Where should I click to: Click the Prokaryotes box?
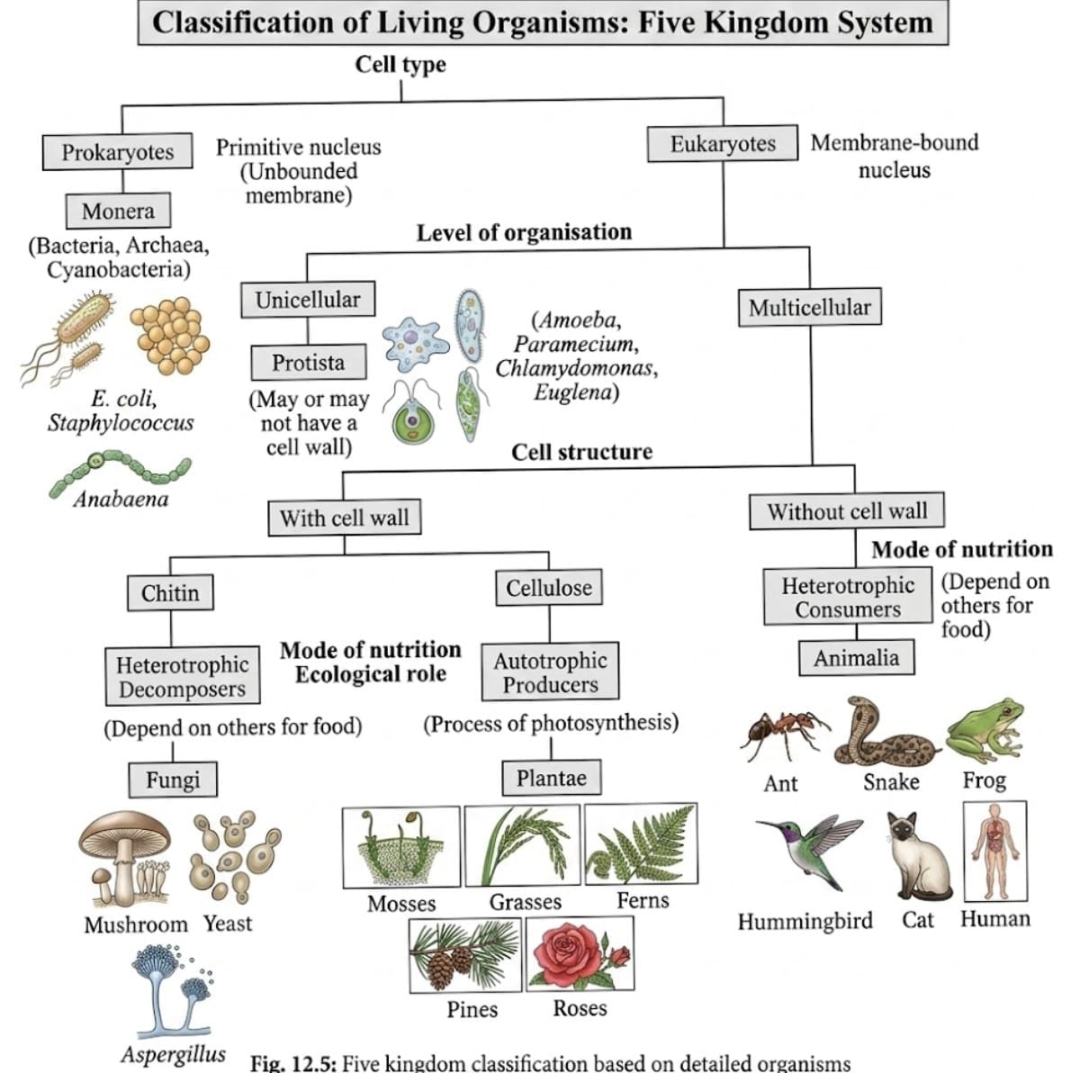pos(117,152)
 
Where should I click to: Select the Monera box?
pos(118,212)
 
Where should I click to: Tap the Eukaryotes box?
pos(722,144)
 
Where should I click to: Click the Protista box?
pos(308,363)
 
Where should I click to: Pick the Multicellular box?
pos(809,308)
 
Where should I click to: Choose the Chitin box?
pos(170,593)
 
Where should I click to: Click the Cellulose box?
pos(548,589)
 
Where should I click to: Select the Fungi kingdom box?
pos(173,780)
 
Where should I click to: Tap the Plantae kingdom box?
pos(551,779)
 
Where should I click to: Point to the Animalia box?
pos(856,658)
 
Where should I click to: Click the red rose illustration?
pos(580,954)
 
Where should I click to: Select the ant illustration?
pos(782,731)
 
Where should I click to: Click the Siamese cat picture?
pos(917,855)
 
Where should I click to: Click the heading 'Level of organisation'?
pos(524,232)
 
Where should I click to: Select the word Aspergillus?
pos(174,1055)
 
